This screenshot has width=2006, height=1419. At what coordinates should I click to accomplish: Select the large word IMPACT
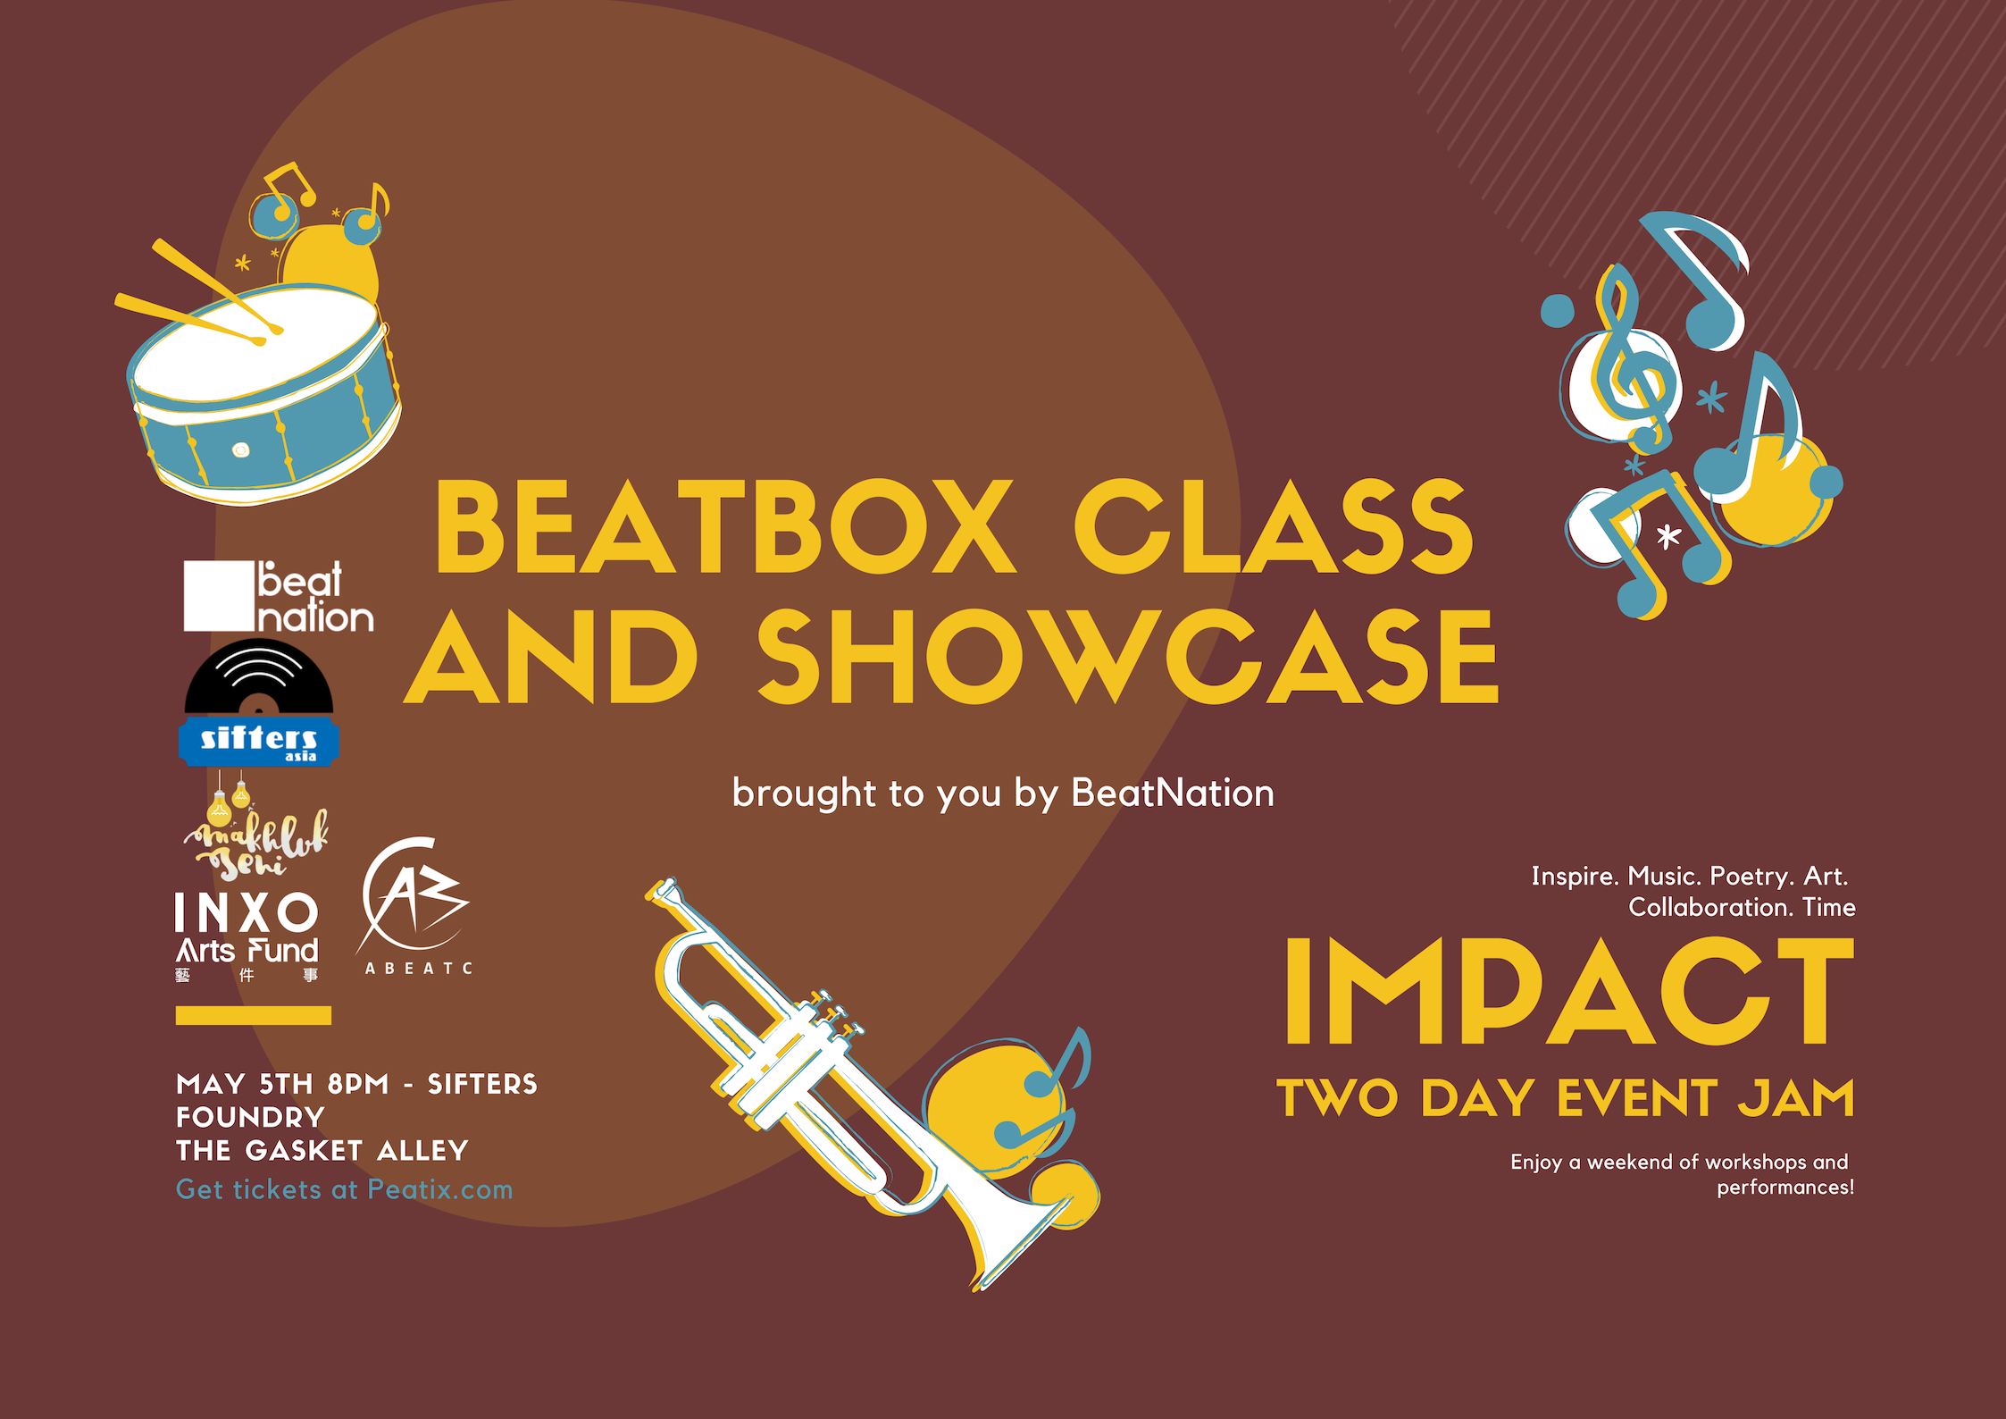(1569, 992)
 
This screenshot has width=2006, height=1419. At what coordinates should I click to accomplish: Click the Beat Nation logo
(279, 597)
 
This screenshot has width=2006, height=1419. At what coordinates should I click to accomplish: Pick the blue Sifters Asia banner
(259, 742)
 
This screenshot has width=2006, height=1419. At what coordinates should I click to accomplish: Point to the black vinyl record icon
(259, 677)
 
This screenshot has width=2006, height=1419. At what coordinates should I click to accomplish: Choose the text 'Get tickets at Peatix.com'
(345, 1189)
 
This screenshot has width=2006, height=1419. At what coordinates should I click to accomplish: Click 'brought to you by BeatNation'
(1003, 793)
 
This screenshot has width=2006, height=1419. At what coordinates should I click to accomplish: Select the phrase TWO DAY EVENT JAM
(1566, 1097)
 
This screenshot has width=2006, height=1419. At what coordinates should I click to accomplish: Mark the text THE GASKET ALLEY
(322, 1150)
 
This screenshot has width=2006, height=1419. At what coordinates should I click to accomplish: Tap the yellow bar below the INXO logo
(254, 1015)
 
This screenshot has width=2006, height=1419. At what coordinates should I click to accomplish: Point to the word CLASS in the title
(1274, 526)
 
